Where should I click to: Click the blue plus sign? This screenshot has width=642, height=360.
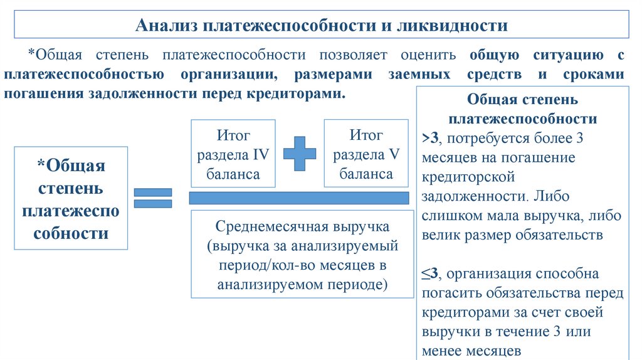click(300, 153)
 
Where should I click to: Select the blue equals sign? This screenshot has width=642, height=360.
click(153, 198)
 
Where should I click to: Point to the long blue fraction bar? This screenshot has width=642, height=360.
click(299, 198)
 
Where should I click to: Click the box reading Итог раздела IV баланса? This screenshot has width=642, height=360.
click(233, 154)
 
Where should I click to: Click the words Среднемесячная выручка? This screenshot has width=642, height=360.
click(303, 226)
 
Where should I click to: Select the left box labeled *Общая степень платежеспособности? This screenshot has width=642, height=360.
click(71, 198)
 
